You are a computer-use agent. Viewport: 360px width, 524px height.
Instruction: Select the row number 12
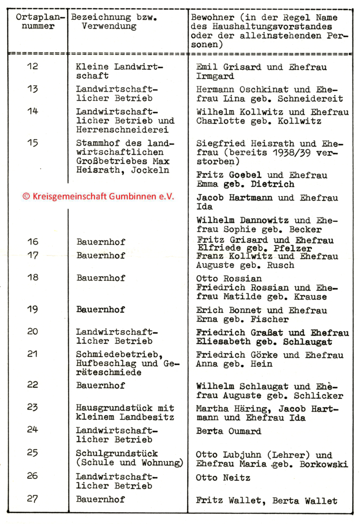(x=33, y=66)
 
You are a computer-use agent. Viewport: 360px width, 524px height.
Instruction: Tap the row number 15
(x=33, y=143)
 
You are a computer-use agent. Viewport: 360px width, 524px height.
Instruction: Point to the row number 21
(x=33, y=355)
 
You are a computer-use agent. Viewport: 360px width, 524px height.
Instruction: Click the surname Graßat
(x=275, y=333)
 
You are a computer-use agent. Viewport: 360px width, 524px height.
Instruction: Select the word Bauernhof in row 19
(x=101, y=310)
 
